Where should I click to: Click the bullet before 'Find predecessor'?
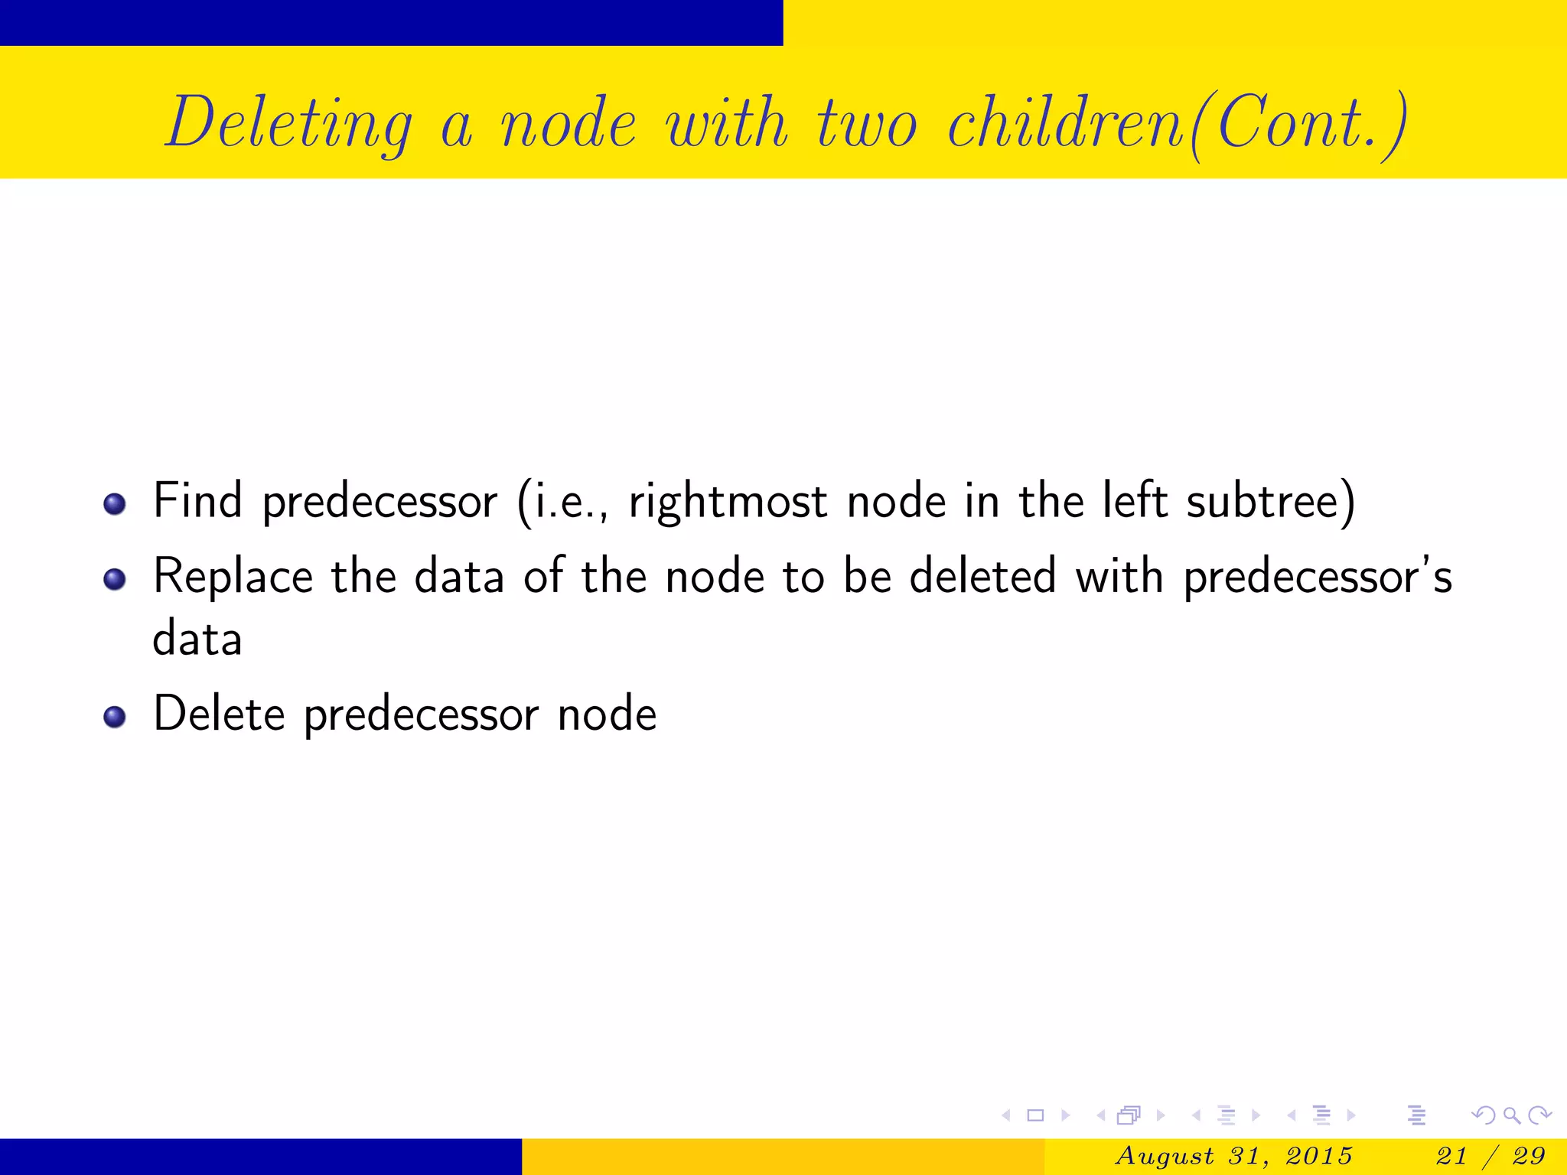(115, 504)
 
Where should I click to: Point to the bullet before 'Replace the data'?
(115, 579)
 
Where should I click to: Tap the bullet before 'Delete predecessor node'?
(115, 717)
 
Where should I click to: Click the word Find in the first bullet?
(197, 501)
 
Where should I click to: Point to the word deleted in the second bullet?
(982, 576)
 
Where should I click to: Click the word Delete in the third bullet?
(219, 714)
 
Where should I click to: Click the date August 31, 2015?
(1233, 1156)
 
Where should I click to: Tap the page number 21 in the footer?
(1451, 1156)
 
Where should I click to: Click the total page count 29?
(1528, 1156)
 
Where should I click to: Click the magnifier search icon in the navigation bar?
(1511, 1116)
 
